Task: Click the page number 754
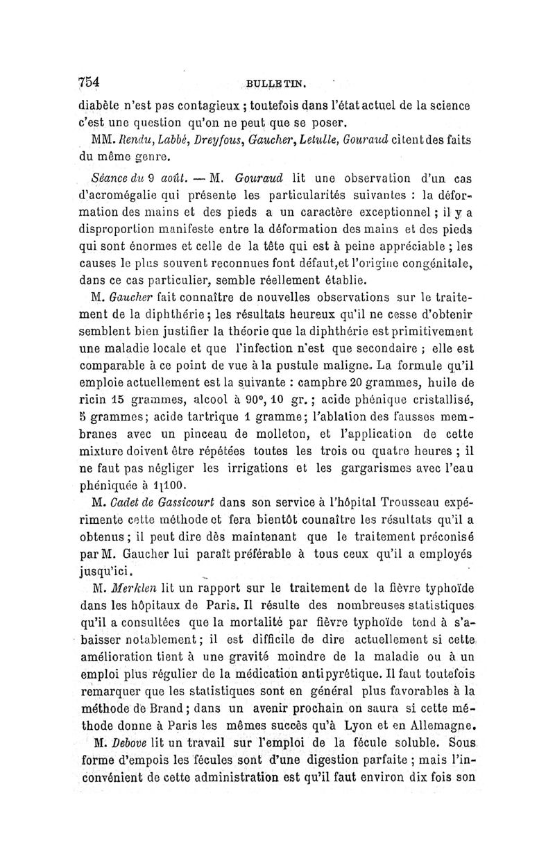click(89, 80)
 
